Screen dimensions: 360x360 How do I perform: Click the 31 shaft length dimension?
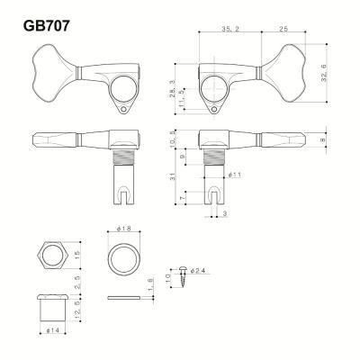(x=171, y=177)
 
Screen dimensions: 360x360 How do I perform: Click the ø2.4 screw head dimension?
(x=200, y=268)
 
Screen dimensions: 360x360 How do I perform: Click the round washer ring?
(x=125, y=260)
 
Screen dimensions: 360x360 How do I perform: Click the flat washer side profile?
(x=125, y=295)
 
